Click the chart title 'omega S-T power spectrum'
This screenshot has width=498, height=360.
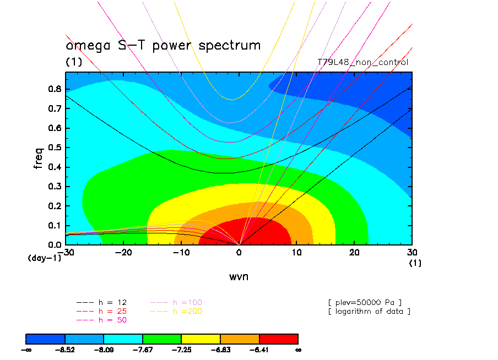[163, 46]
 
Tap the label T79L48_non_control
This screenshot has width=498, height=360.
[363, 62]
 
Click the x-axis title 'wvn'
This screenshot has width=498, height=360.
[239, 276]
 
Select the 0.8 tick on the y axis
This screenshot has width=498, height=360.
[54, 89]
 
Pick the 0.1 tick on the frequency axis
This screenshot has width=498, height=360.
[54, 225]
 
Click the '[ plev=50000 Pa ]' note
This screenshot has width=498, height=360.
[364, 302]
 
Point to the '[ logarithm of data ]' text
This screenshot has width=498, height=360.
[369, 311]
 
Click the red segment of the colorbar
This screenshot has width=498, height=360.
[278, 338]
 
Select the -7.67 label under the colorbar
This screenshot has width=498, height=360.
[143, 350]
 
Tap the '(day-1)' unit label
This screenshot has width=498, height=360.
[44, 258]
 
